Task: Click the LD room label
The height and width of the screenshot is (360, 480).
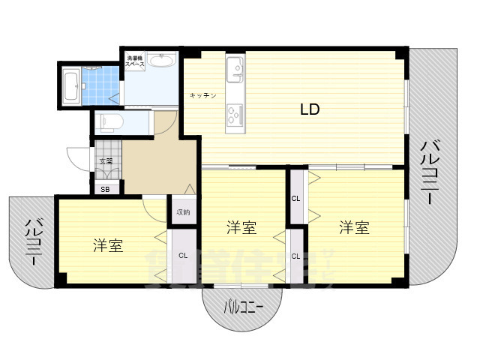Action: click(310, 109)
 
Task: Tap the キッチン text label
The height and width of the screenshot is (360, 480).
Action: click(202, 96)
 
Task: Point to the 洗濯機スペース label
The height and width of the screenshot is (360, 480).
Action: click(135, 61)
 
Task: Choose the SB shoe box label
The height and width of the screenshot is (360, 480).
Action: click(105, 189)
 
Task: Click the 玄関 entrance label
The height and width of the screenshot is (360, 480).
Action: click(105, 160)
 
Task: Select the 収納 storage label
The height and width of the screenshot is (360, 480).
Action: click(184, 212)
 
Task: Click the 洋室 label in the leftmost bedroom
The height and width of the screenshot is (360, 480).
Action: click(108, 245)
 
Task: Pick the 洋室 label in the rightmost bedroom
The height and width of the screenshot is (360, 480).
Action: click(352, 227)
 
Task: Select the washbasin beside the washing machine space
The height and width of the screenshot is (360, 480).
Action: click(160, 61)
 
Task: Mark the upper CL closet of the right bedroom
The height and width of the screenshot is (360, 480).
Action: click(295, 199)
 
